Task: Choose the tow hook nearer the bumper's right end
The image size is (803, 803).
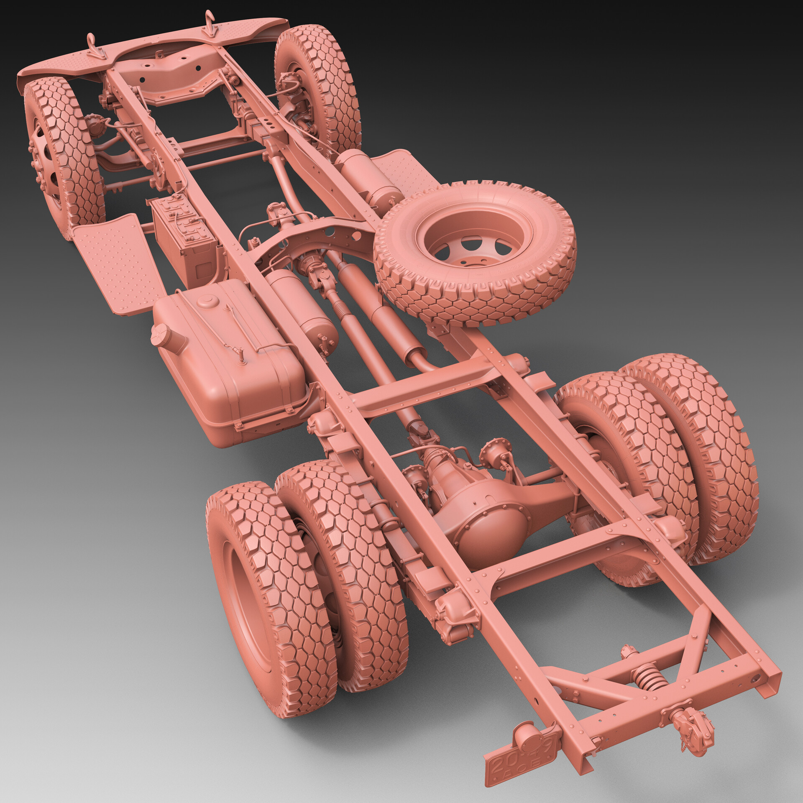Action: point(210,23)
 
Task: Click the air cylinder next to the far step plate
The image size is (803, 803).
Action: point(364,178)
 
